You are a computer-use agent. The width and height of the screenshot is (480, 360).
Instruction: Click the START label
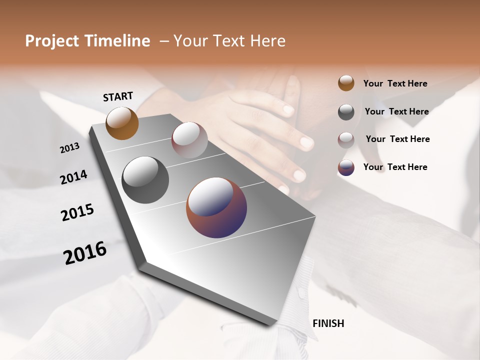click(118, 96)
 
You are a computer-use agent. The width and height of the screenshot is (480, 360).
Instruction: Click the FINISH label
click(328, 323)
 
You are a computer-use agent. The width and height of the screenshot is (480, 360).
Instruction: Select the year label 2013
click(70, 148)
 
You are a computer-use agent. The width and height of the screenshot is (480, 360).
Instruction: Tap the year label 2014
click(73, 177)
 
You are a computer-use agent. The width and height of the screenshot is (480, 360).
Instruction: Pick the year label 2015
click(77, 212)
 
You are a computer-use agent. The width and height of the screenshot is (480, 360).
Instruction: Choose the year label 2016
click(85, 253)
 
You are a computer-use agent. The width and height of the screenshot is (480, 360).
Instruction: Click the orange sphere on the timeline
click(122, 123)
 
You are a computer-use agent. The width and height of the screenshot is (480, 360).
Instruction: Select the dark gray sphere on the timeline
click(145, 180)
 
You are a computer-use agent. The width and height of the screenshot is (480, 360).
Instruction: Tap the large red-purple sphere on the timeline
click(216, 207)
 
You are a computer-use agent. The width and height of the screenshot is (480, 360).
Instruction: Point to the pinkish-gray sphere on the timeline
click(189, 140)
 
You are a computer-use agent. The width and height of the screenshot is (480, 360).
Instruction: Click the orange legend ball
click(346, 83)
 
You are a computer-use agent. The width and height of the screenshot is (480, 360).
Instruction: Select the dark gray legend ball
click(346, 111)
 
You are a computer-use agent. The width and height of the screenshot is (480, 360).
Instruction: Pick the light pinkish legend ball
click(346, 139)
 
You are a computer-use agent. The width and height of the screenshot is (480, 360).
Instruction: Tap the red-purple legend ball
click(346, 167)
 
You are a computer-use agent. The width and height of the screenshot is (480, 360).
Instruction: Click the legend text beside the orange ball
click(395, 83)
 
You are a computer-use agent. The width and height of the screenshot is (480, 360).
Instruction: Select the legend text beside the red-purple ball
click(395, 167)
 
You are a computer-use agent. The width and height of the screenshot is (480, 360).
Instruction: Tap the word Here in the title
click(266, 41)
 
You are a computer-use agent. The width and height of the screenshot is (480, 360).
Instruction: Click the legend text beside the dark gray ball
click(396, 111)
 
